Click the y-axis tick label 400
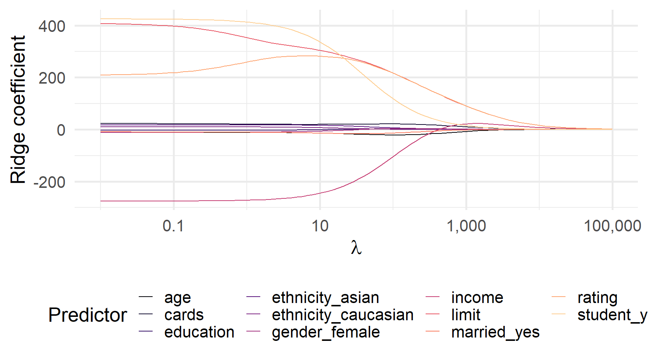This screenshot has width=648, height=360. point(52,27)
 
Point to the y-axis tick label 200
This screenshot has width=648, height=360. point(52,78)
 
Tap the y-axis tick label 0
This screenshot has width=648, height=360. point(61,130)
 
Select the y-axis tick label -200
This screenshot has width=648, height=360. point(49,182)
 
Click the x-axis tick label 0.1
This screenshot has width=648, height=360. point(173,226)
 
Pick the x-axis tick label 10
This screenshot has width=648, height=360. point(320,226)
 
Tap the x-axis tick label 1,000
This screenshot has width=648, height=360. point(466,226)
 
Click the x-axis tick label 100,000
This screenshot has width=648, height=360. point(612,226)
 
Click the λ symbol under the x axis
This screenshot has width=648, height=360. point(356,248)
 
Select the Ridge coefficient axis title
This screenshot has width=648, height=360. point(18,109)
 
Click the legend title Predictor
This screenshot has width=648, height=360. point(88,315)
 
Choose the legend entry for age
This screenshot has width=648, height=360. point(177,298)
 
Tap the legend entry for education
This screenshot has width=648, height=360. point(199,332)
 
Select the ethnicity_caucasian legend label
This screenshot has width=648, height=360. point(342,315)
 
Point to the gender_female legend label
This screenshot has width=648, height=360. point(325,332)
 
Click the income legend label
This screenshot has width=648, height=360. point(477,298)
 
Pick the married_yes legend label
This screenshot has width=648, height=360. point(495,332)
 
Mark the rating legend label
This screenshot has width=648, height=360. point(597,298)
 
